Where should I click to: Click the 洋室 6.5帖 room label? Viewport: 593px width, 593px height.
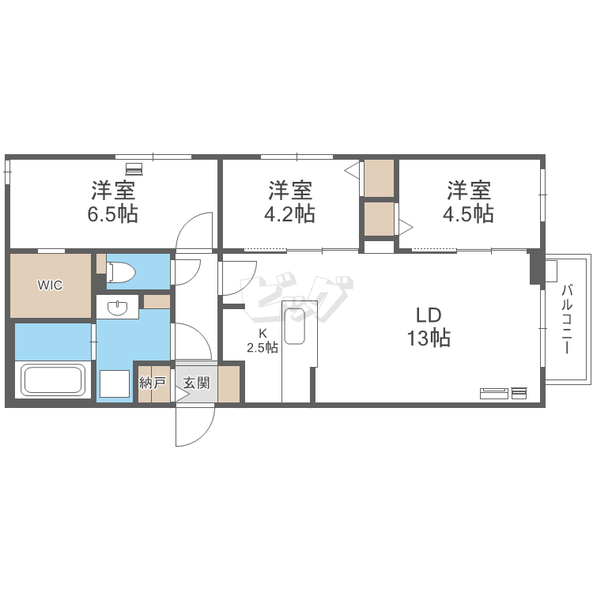point(113,202)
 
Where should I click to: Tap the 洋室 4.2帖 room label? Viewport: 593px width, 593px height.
point(289,202)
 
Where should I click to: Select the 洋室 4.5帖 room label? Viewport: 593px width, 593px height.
point(469,202)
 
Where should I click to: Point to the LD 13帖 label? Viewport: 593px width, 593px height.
point(429,327)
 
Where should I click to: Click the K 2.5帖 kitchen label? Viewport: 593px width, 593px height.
point(263,341)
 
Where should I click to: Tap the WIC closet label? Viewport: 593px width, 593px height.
point(50,285)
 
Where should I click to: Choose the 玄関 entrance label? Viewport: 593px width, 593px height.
point(197,383)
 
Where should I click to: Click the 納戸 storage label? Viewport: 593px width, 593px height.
point(153,383)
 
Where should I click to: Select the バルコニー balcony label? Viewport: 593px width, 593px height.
point(567,319)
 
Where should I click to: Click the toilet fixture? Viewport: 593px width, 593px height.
point(120,271)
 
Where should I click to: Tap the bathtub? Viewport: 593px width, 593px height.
point(53,380)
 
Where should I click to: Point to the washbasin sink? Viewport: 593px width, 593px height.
point(118,308)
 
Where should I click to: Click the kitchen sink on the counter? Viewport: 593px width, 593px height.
point(295,327)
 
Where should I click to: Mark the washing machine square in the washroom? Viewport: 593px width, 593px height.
point(115,383)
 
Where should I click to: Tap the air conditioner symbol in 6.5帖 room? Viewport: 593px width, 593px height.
point(134,169)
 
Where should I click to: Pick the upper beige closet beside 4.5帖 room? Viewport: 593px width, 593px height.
point(380,178)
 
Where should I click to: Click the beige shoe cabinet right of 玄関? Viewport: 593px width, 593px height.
point(229,383)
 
